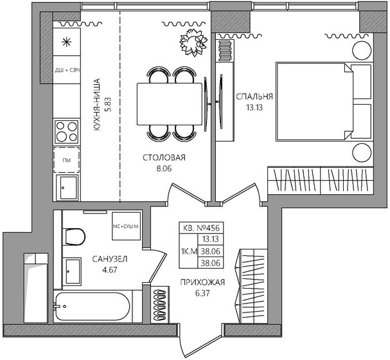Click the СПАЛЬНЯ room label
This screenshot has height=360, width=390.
click(x=254, y=96)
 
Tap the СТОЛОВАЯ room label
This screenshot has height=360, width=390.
click(x=164, y=157)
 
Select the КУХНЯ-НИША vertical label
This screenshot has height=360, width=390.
click(x=96, y=105)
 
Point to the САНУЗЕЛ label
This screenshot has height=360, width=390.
click(x=110, y=259)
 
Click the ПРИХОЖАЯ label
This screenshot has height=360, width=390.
click(x=202, y=282)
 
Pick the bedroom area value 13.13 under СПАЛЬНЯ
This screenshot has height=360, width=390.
click(x=254, y=107)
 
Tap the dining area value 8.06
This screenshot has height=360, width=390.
click(x=164, y=168)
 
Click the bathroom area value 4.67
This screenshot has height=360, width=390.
click(x=110, y=270)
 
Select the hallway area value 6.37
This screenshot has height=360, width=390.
click(x=202, y=293)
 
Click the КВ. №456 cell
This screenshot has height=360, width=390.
click(x=201, y=228)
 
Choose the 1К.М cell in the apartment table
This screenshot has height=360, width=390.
click(x=189, y=251)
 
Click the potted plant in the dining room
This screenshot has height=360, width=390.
click(x=193, y=42)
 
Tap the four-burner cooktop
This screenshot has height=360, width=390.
click(x=67, y=132)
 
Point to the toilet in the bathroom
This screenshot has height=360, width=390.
click(x=74, y=237)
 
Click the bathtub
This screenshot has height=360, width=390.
click(x=92, y=307)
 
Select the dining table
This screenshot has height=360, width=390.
click(x=170, y=104)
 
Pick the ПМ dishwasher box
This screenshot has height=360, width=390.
click(x=66, y=160)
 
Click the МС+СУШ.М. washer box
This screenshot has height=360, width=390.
click(x=126, y=226)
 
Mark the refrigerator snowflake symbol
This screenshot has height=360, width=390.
click(x=66, y=42)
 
